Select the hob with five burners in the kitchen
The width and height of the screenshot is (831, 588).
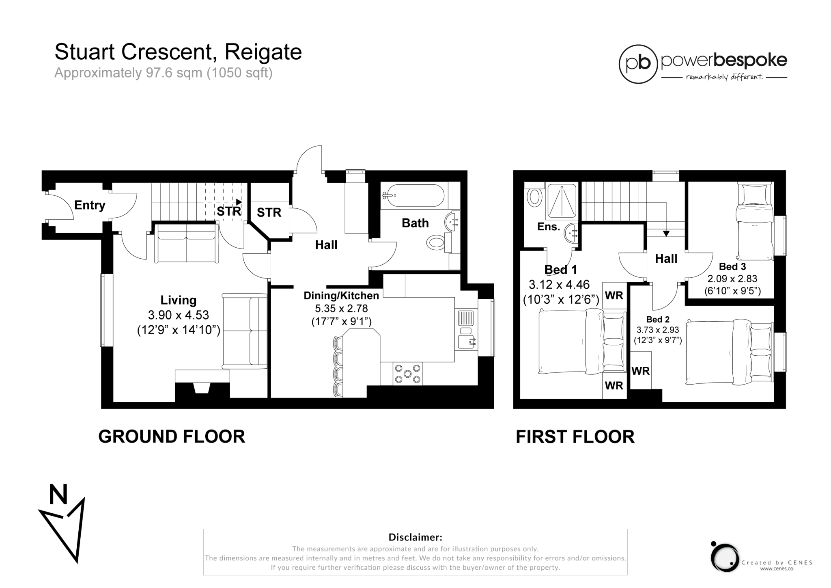coord(407,374)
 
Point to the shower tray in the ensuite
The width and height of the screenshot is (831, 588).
coord(562,201)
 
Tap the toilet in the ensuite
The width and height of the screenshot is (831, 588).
coord(534,197)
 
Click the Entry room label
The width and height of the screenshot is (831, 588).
coord(90,205)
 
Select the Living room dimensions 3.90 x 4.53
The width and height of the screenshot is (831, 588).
coord(179,315)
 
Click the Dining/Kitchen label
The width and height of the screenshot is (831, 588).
coord(341,296)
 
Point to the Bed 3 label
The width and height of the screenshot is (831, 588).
coord(732,267)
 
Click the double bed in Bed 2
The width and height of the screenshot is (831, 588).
coord(729,352)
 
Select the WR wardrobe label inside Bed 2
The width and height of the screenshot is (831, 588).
coord(640,371)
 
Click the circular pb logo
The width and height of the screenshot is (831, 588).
coord(638,64)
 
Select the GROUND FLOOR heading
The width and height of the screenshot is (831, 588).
coord(172,437)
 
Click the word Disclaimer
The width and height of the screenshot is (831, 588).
coord(415,537)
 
